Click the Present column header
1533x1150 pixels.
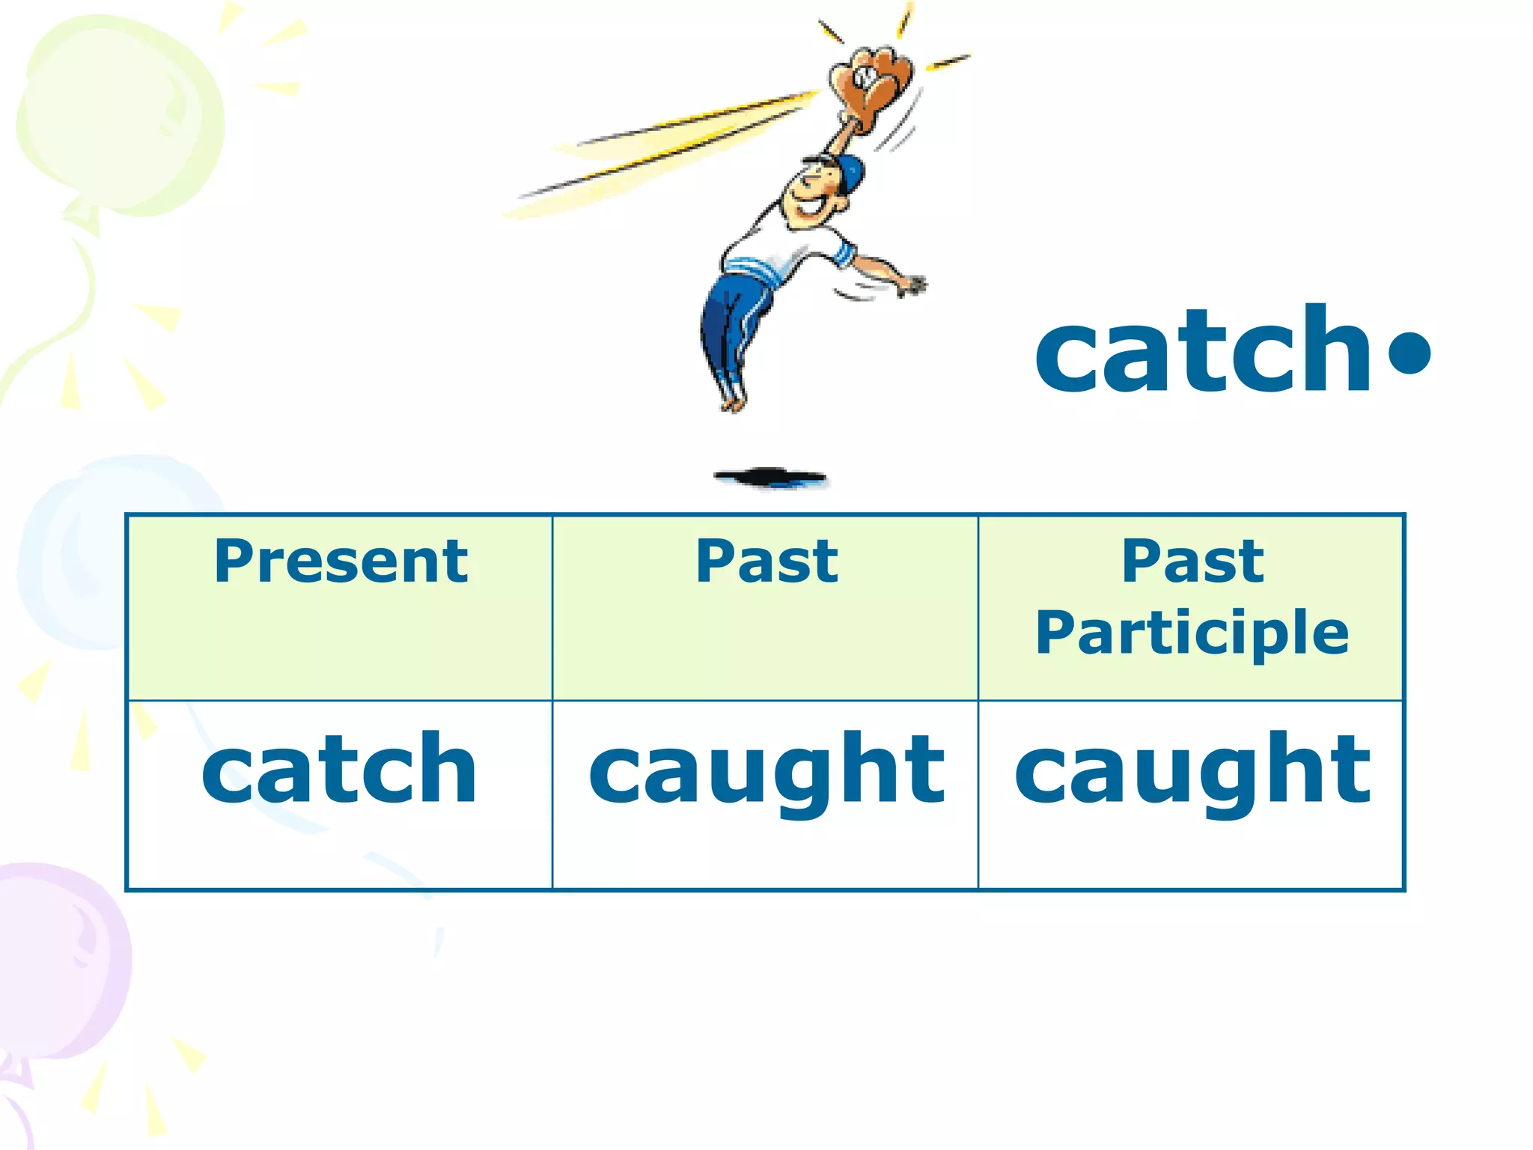(341, 562)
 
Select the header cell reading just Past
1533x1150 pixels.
(766, 562)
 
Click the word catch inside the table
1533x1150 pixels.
(339, 769)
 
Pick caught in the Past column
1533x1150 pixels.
(766, 771)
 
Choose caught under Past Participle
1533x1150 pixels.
(1192, 771)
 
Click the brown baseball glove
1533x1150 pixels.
(872, 86)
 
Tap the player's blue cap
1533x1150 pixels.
(850, 172)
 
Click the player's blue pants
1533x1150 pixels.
(730, 322)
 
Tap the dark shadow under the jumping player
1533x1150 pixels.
(771, 477)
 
